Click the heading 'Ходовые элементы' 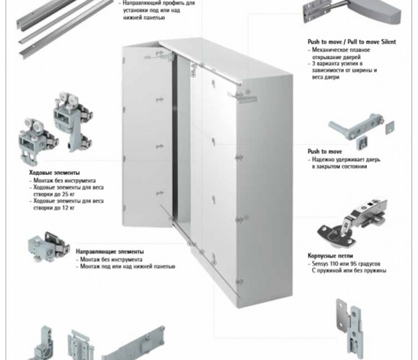54,173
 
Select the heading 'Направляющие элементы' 110,251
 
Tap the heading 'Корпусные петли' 330,256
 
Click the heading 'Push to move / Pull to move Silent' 352,42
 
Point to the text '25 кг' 68,194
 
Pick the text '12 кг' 68,207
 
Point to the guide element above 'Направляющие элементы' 49,246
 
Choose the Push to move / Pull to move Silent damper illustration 352,13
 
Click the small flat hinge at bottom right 350,328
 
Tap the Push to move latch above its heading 362,131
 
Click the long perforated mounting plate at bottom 133,344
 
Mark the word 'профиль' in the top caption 171,3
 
